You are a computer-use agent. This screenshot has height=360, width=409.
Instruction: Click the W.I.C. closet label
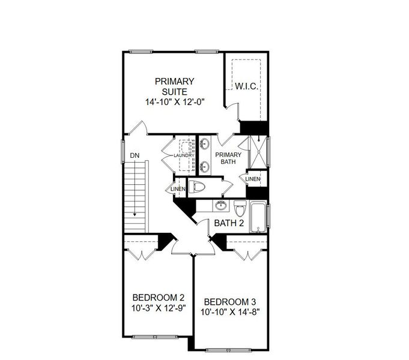246,86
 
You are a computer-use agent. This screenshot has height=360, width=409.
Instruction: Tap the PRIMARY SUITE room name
174,86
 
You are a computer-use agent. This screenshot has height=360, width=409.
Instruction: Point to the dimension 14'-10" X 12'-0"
174,102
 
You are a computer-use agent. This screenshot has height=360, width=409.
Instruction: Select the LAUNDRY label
184,155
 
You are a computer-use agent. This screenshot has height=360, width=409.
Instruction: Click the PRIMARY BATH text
228,158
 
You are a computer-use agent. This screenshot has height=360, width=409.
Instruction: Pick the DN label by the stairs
135,156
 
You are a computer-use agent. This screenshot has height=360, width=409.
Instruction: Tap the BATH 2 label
228,224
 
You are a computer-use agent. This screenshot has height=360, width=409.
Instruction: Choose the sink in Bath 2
221,206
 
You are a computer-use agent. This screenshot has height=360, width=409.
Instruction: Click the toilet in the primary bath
198,187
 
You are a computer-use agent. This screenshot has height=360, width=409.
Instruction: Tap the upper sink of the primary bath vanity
204,144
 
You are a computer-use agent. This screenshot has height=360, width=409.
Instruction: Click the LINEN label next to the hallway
178,190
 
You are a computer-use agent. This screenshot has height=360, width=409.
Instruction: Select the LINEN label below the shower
253,179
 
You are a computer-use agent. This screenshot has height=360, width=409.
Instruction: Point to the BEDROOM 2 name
157,298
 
